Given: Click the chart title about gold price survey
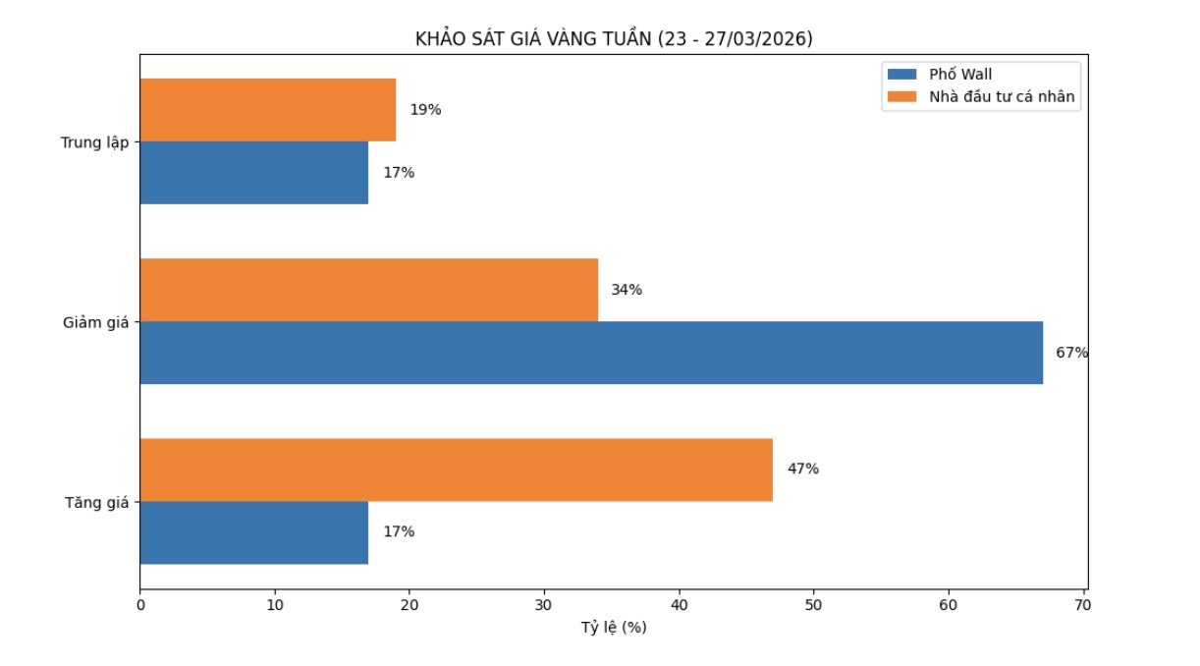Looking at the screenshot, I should [x=614, y=39].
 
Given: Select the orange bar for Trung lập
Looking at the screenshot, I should [x=268, y=110].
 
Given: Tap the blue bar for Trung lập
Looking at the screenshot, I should [x=254, y=173].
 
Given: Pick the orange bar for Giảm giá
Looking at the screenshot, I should [x=369, y=290].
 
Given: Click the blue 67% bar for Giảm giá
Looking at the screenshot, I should [x=591, y=353].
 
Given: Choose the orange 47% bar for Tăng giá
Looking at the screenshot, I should [x=457, y=470].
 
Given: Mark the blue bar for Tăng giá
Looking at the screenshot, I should [x=254, y=532].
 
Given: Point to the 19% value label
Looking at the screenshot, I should [x=425, y=110].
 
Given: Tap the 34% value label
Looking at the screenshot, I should [x=627, y=290].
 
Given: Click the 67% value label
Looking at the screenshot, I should [x=1071, y=353].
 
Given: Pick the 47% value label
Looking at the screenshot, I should [x=802, y=470].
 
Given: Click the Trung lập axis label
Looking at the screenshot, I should [x=94, y=142].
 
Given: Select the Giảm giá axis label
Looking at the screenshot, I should [x=96, y=322].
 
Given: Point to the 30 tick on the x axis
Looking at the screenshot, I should [x=544, y=606].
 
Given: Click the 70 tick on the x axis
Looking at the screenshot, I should [x=1083, y=606].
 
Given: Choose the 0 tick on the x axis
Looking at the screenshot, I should [x=140, y=606].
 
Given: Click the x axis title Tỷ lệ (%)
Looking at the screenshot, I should [x=614, y=628].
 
